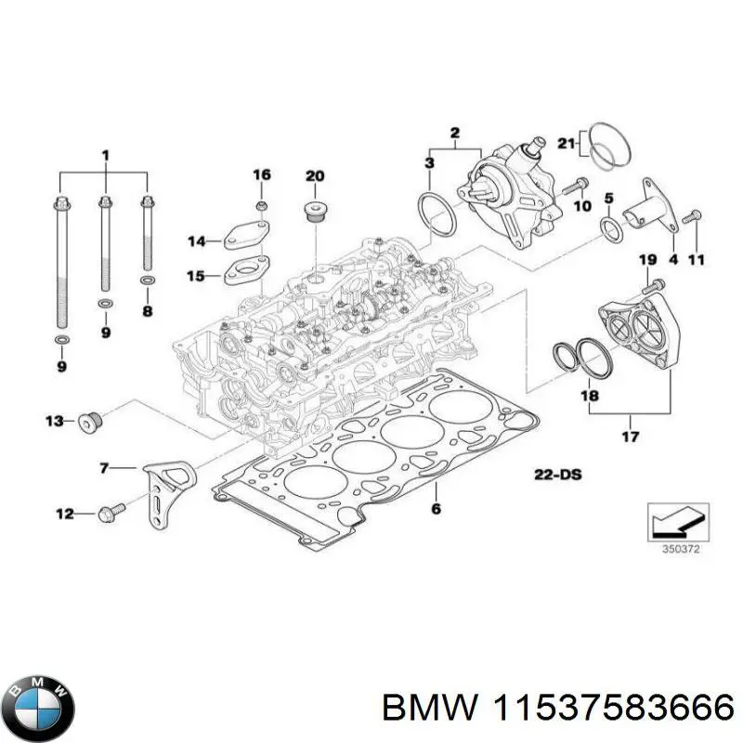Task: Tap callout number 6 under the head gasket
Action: [x=436, y=508]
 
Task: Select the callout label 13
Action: [x=55, y=422]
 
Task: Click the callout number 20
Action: [x=316, y=176]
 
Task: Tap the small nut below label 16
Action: [x=262, y=204]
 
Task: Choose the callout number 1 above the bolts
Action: [x=105, y=152]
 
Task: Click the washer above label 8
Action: [x=147, y=279]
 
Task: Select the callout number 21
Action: [x=567, y=142]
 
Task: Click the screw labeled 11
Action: [x=688, y=217]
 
